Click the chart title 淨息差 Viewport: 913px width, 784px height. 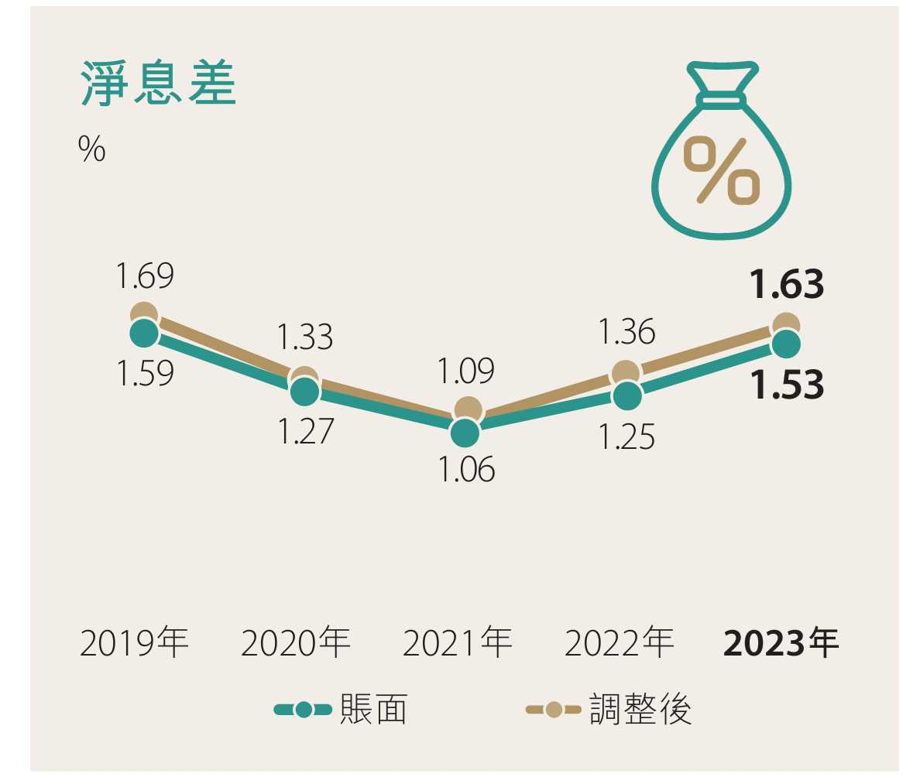158,84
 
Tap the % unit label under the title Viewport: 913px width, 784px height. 91,149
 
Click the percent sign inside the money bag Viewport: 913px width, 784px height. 721,171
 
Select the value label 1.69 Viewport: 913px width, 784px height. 145,276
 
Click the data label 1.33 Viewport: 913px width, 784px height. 304,337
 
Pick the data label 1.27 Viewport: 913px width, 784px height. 305,431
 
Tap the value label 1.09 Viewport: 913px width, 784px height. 465,371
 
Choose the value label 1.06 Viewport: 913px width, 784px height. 466,470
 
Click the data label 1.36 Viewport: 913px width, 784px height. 626,332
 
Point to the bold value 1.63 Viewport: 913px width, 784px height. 787,285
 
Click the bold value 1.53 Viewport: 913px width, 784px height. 787,385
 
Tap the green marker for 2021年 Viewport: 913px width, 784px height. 465,433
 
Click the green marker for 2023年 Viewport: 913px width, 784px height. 786,344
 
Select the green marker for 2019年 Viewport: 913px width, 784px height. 144,334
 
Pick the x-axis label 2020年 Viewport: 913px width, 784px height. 295,643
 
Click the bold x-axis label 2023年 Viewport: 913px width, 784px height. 781,643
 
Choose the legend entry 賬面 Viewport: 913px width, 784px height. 342,710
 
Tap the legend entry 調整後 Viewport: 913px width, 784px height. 609,710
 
